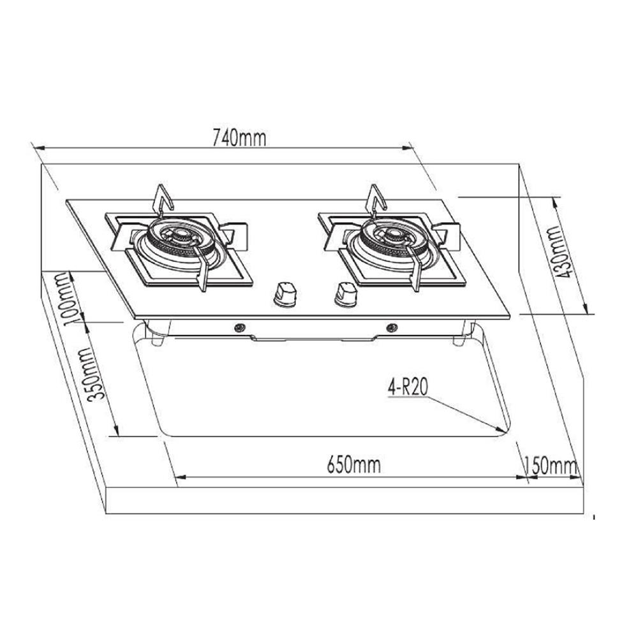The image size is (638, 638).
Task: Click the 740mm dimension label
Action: click(234, 137)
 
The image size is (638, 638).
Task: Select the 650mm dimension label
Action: click(353, 464)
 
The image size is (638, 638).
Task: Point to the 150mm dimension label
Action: click(550, 465)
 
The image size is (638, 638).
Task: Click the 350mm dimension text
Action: click(96, 375)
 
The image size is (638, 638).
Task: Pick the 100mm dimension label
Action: click(72, 300)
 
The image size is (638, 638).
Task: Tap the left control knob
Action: click(284, 293)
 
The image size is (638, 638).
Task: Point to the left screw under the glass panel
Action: click(241, 328)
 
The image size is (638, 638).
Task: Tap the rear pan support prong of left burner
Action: click(163, 198)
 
